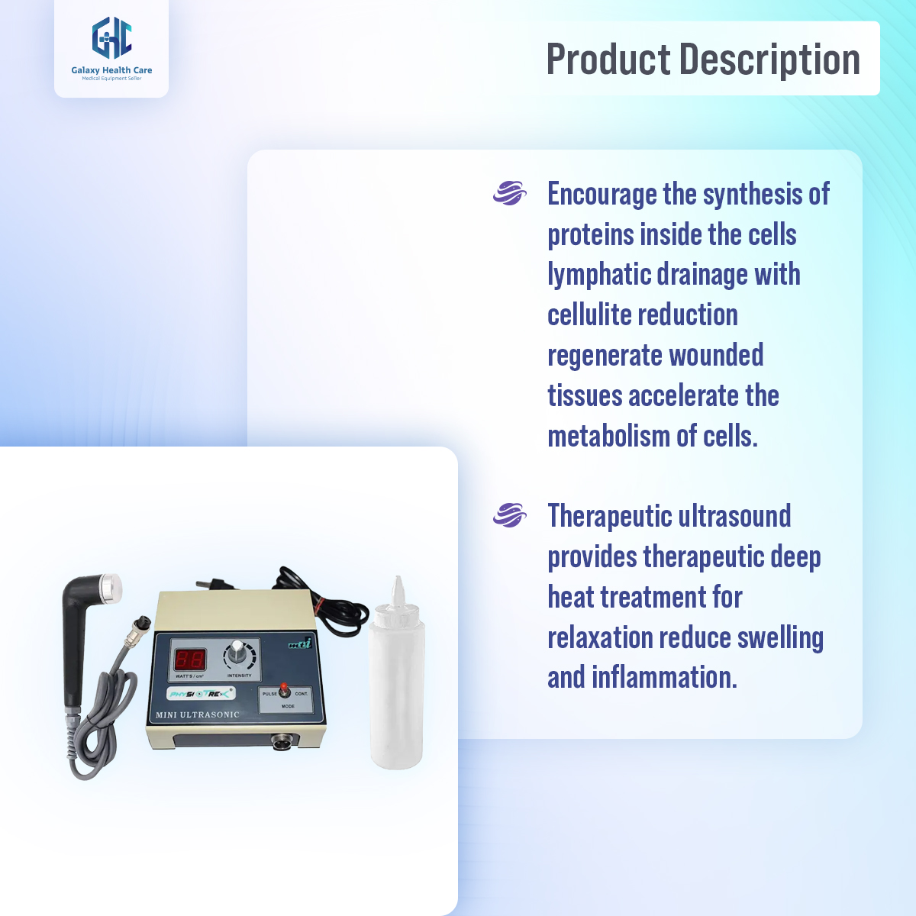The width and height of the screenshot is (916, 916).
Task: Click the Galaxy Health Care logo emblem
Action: [111, 38]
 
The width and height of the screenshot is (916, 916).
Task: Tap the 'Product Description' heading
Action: [703, 59]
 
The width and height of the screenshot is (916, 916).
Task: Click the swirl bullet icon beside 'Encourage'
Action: [509, 193]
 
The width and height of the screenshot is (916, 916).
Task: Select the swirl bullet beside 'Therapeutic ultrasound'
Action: [509, 515]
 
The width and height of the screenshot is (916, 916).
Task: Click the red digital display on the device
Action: [189, 659]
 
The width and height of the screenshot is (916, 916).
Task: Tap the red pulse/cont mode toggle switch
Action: [284, 690]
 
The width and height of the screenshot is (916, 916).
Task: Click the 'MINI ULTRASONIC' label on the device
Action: [198, 715]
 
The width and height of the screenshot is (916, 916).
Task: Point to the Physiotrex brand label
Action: [201, 694]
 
